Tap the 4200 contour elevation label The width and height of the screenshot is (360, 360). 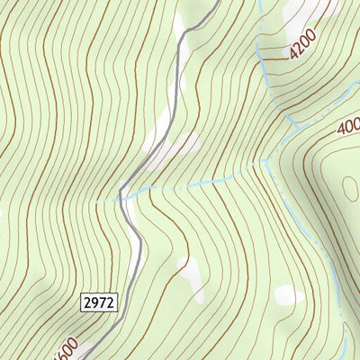(x=304, y=44)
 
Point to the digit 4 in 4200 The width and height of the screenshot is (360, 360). (x=293, y=55)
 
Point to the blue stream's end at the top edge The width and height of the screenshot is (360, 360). (x=258, y=2)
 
